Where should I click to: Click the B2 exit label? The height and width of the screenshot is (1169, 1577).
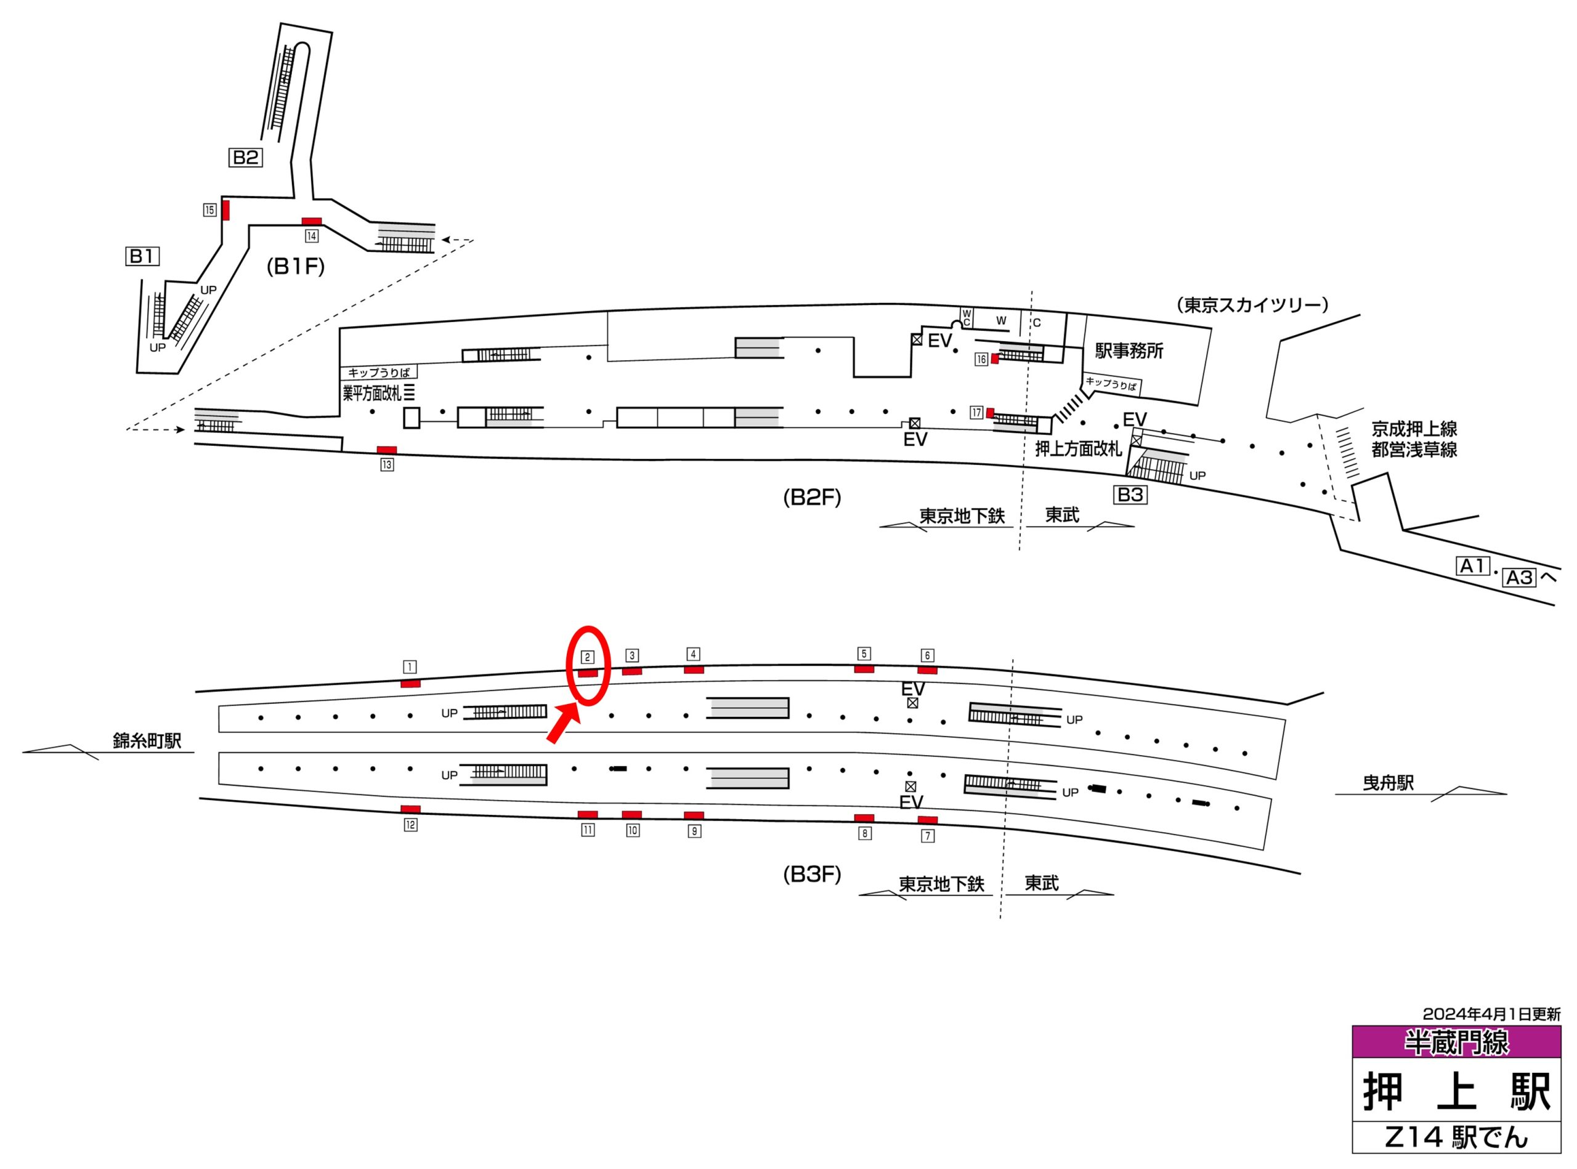tap(245, 157)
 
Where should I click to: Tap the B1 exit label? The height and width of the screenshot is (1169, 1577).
tap(142, 256)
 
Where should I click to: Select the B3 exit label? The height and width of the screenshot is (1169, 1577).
tap(1130, 495)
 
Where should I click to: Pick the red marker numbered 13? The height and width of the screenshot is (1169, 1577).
tap(386, 450)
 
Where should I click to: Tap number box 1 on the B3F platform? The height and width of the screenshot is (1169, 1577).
tap(409, 666)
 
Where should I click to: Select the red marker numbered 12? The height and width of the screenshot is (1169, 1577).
tap(410, 809)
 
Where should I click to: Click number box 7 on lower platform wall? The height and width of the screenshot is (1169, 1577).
tap(927, 836)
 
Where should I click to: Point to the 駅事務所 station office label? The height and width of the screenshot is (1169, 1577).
tap(1129, 351)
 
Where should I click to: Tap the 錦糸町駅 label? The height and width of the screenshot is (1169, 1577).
tap(147, 741)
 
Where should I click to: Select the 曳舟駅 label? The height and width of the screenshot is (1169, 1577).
tap(1388, 783)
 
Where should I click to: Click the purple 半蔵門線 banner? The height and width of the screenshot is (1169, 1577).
tap(1456, 1042)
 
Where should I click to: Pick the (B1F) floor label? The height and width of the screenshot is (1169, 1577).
tap(295, 267)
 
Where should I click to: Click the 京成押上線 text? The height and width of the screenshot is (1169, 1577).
tap(1414, 429)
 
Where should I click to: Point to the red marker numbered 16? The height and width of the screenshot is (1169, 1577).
tap(994, 358)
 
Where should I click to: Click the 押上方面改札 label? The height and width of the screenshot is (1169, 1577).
tap(1078, 448)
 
